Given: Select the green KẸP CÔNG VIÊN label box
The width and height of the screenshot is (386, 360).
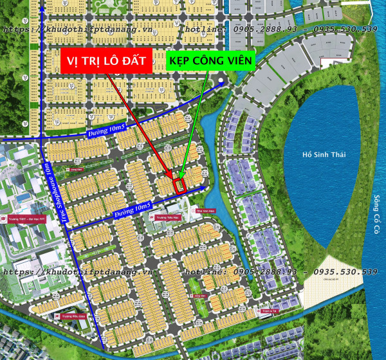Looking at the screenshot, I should [x=211, y=61].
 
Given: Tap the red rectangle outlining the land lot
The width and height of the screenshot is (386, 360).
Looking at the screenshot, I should [x=180, y=185].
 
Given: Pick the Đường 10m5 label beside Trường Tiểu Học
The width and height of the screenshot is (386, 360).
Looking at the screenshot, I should [x=132, y=209].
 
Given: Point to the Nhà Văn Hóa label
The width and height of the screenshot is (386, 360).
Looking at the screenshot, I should [x=204, y=210].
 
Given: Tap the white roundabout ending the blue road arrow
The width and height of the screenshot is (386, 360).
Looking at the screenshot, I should [x=221, y=82].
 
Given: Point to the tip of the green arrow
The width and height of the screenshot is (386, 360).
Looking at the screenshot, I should [x=181, y=179].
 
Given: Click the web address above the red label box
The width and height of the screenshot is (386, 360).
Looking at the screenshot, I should [x=77, y=30].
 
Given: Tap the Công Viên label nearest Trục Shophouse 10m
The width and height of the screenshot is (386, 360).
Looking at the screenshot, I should [x=76, y=170].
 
